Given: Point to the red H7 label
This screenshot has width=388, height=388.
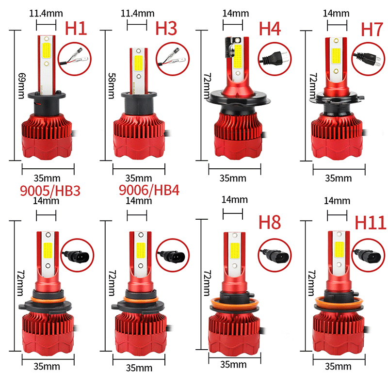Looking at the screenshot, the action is click(372, 30).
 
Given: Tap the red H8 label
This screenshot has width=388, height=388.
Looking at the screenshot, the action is click(269, 223).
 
